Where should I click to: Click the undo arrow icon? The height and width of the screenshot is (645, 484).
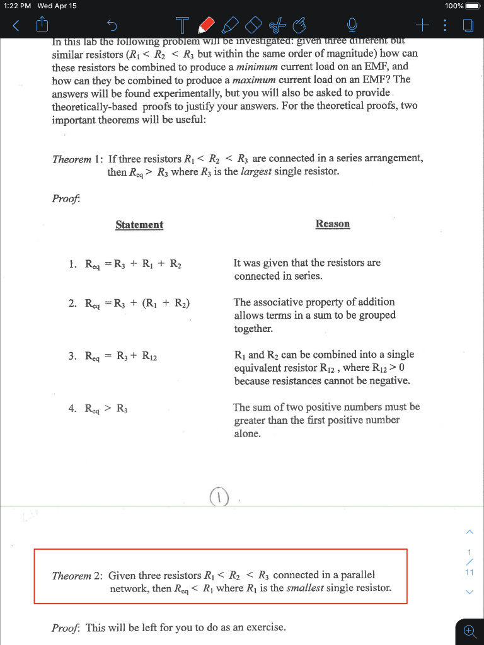coord(112,26)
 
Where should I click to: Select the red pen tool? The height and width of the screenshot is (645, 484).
coord(205,26)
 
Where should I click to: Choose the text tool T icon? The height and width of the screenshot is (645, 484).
coord(182,26)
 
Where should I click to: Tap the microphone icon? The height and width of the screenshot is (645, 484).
coord(352,26)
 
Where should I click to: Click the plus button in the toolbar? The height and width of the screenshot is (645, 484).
coord(423,26)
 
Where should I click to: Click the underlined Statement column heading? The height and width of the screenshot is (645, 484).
coord(139,225)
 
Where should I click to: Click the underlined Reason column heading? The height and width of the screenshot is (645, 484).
coord(332,224)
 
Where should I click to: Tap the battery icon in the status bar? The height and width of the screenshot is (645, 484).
coord(472,6)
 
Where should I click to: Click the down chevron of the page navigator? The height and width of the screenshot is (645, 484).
coord(468,592)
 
